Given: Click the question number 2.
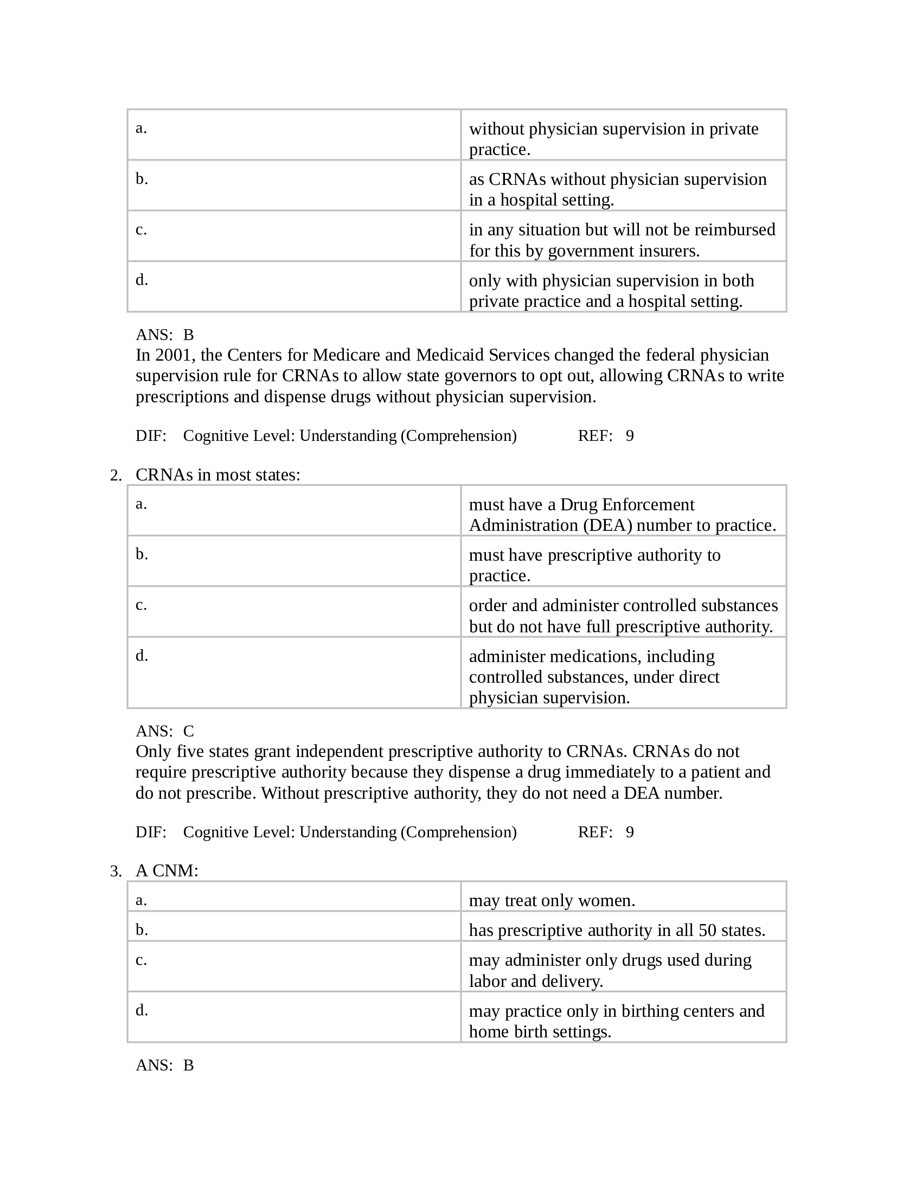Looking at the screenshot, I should pos(114,475).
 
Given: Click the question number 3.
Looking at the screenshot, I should pos(114,871).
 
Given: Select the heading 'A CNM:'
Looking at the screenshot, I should pos(167,871).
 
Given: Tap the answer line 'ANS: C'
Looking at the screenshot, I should pos(164,731).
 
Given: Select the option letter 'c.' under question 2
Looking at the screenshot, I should pos(141,605).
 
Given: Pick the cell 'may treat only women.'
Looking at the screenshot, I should pos(552,900).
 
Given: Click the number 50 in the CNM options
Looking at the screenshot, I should pos(707,930).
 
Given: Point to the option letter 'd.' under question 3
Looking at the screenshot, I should pos(142,1010).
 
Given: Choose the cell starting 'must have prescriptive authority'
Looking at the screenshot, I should pos(594,565).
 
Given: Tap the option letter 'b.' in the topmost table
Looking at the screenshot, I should pos(142,178).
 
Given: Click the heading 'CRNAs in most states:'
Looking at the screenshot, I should pos(217,474).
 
